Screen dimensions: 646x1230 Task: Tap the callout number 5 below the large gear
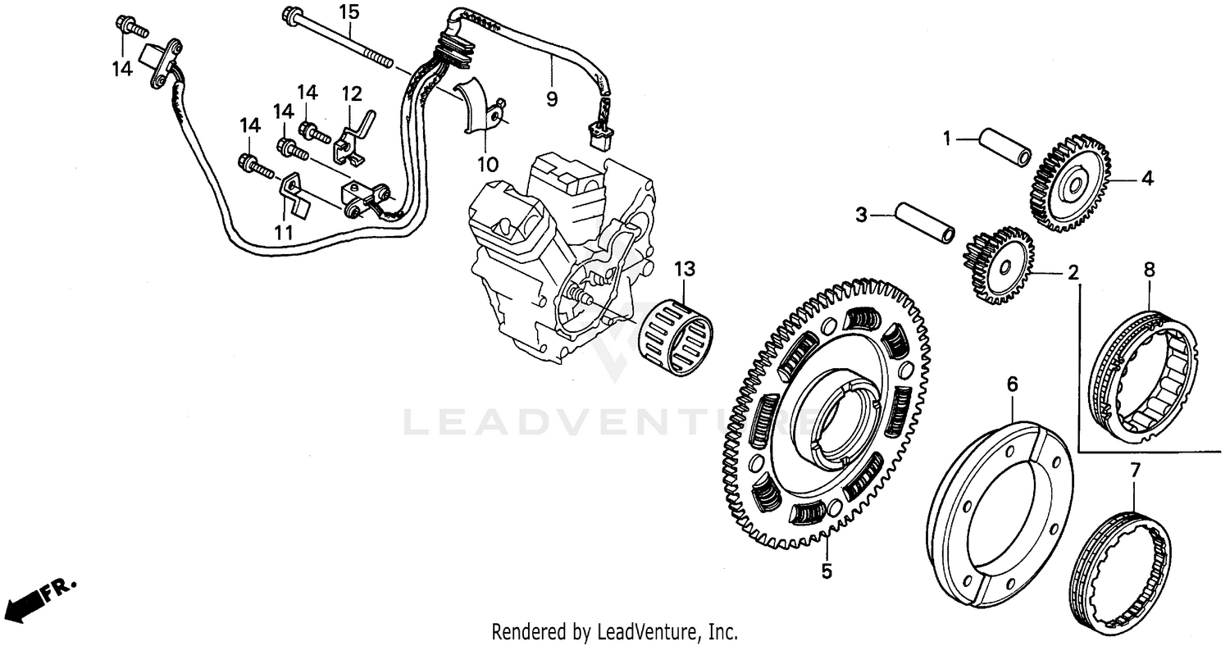(x=827, y=571)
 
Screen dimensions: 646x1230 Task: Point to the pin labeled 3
(x=925, y=223)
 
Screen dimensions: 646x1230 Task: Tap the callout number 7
(x=1135, y=471)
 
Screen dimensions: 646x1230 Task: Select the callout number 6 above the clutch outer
(x=1012, y=383)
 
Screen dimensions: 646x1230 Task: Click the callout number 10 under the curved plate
(x=488, y=164)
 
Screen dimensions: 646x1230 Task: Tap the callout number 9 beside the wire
(x=551, y=99)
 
